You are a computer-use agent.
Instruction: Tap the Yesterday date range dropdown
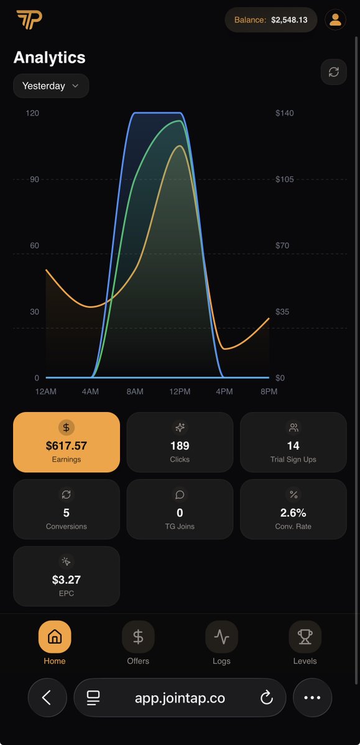click(51, 86)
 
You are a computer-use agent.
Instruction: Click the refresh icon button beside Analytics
click(334, 71)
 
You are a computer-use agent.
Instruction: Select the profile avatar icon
click(335, 20)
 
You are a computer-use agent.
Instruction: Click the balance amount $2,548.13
click(289, 20)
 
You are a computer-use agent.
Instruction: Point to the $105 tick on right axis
click(284, 180)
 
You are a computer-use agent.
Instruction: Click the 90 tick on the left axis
click(34, 180)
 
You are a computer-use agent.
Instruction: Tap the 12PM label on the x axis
click(180, 392)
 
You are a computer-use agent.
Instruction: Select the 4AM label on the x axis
click(90, 392)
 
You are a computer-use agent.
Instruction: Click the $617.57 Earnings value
click(67, 446)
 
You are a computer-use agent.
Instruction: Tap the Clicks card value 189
click(180, 446)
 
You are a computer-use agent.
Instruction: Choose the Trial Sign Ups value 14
click(293, 446)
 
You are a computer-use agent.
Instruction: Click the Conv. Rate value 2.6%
click(293, 513)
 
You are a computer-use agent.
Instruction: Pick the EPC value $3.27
click(67, 580)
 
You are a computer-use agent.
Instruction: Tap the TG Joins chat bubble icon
click(180, 495)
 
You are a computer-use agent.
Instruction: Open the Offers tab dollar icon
click(138, 637)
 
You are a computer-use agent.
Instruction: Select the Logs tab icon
click(221, 637)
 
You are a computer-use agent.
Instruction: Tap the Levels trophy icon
click(305, 637)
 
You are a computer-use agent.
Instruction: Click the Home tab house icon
click(55, 637)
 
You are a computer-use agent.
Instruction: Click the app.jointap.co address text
click(180, 698)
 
